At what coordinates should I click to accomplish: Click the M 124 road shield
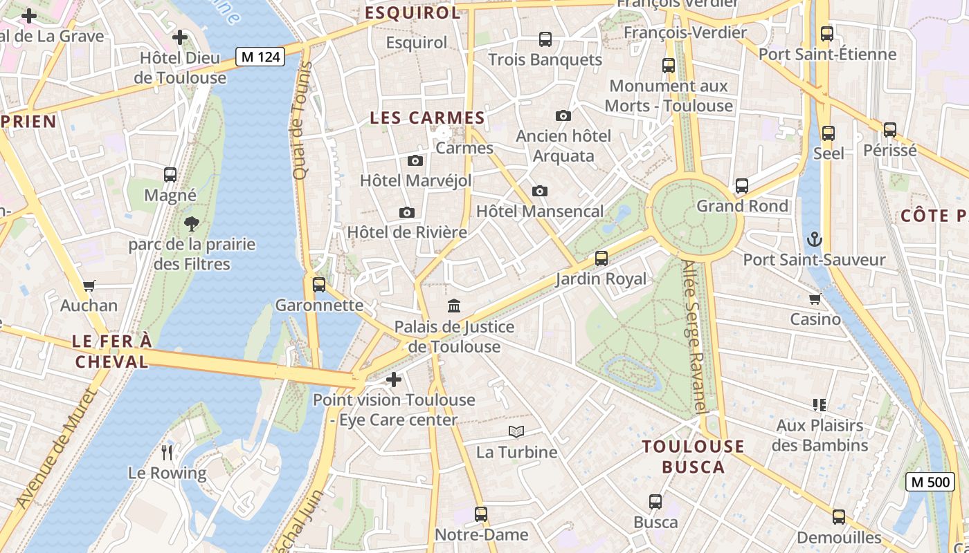[260, 57]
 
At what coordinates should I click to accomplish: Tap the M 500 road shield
[930, 482]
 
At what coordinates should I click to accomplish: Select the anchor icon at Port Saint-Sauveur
[814, 239]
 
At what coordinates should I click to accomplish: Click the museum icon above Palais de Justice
[454, 306]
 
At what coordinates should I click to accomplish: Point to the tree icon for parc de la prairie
[192, 223]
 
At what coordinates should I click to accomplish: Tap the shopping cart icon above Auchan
[89, 285]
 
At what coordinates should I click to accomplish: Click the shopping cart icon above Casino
[815, 299]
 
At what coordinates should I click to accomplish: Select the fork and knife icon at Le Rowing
[167, 453]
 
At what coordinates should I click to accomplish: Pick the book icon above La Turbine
[516, 431]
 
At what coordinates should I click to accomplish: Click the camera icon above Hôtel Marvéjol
[415, 160]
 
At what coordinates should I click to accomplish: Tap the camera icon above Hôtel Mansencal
[540, 191]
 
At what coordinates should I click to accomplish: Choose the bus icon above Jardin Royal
[601, 259]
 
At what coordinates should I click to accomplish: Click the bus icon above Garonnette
[319, 284]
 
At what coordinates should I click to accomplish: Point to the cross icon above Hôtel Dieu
[180, 37]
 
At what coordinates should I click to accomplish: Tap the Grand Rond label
[742, 206]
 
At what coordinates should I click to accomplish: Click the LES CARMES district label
[427, 118]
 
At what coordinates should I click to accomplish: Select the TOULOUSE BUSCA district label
[693, 456]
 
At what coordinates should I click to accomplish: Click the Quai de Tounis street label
[300, 121]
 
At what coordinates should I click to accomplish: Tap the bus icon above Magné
[170, 175]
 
